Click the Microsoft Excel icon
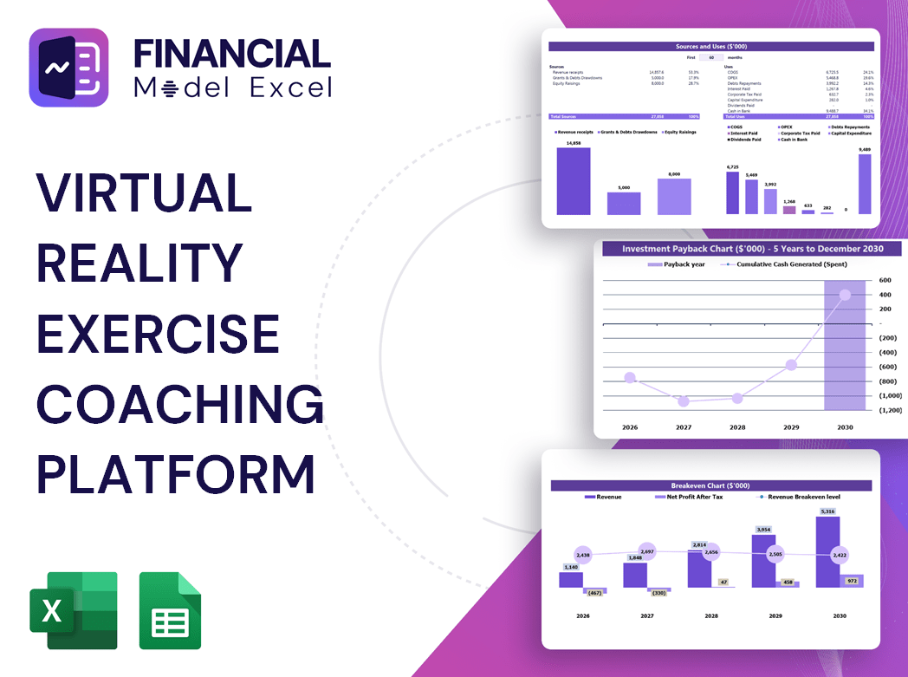point(73,610)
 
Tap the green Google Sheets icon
point(170,610)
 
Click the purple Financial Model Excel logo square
point(68,68)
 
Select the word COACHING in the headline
point(179,406)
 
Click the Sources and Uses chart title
point(711,46)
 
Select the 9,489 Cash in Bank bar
point(864,184)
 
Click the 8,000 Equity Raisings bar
point(674,196)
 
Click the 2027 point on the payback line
point(684,401)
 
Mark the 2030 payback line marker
point(845,295)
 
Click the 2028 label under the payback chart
point(737,427)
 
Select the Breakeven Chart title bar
point(710,485)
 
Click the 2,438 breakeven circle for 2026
point(582,555)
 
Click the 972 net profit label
point(851,580)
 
